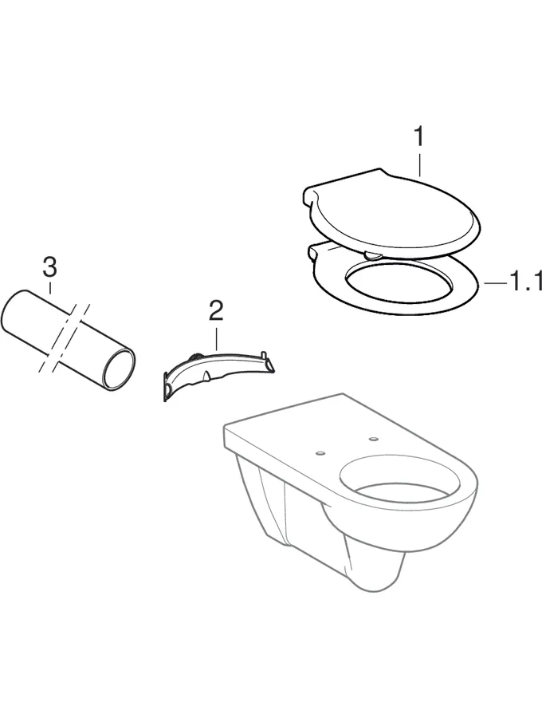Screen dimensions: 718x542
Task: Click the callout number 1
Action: click(418, 137)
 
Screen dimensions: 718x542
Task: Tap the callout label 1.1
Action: click(525, 282)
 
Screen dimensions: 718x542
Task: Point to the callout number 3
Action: click(49, 267)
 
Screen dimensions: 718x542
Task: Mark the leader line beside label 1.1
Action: click(493, 282)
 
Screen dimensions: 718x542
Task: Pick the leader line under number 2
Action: click(216, 335)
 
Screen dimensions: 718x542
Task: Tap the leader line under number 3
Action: click(49, 289)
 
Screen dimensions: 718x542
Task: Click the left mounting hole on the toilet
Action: click(320, 453)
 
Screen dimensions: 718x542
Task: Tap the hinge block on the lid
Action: click(313, 194)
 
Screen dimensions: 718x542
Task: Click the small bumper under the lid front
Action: click(371, 255)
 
